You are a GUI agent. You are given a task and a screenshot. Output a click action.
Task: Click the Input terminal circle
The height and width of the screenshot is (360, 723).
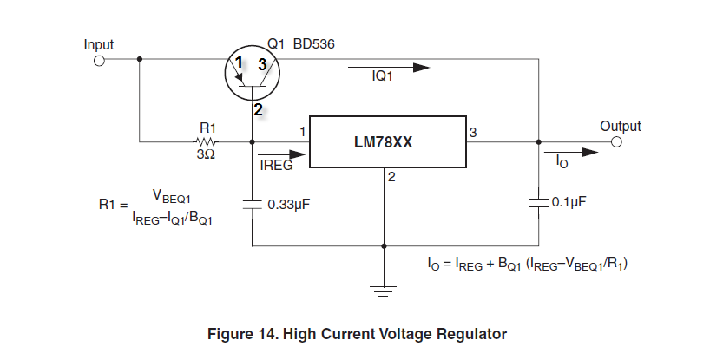point(99,61)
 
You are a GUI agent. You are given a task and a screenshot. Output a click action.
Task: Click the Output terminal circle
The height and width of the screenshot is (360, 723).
point(617,142)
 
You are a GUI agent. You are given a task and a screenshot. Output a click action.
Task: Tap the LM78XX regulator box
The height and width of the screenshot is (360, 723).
point(389,141)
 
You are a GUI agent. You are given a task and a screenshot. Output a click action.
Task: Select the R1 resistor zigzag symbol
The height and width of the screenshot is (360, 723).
point(207,141)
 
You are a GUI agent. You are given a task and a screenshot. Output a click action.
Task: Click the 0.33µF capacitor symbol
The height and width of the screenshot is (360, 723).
point(252,205)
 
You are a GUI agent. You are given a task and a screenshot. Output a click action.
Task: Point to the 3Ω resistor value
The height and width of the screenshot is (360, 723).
point(205,154)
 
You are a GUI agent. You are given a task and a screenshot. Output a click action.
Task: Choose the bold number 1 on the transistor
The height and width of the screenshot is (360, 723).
point(239,62)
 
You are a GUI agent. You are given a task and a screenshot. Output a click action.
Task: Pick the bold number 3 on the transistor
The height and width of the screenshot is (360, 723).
point(262,62)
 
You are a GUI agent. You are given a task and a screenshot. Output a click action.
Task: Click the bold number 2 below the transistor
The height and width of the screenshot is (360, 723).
point(258,110)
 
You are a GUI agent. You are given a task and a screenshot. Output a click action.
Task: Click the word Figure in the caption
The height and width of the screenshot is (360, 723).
point(230,333)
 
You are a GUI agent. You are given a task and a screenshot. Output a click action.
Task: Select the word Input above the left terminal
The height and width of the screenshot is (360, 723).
point(99,43)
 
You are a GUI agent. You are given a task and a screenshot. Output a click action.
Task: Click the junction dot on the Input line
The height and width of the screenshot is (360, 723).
point(140,61)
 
